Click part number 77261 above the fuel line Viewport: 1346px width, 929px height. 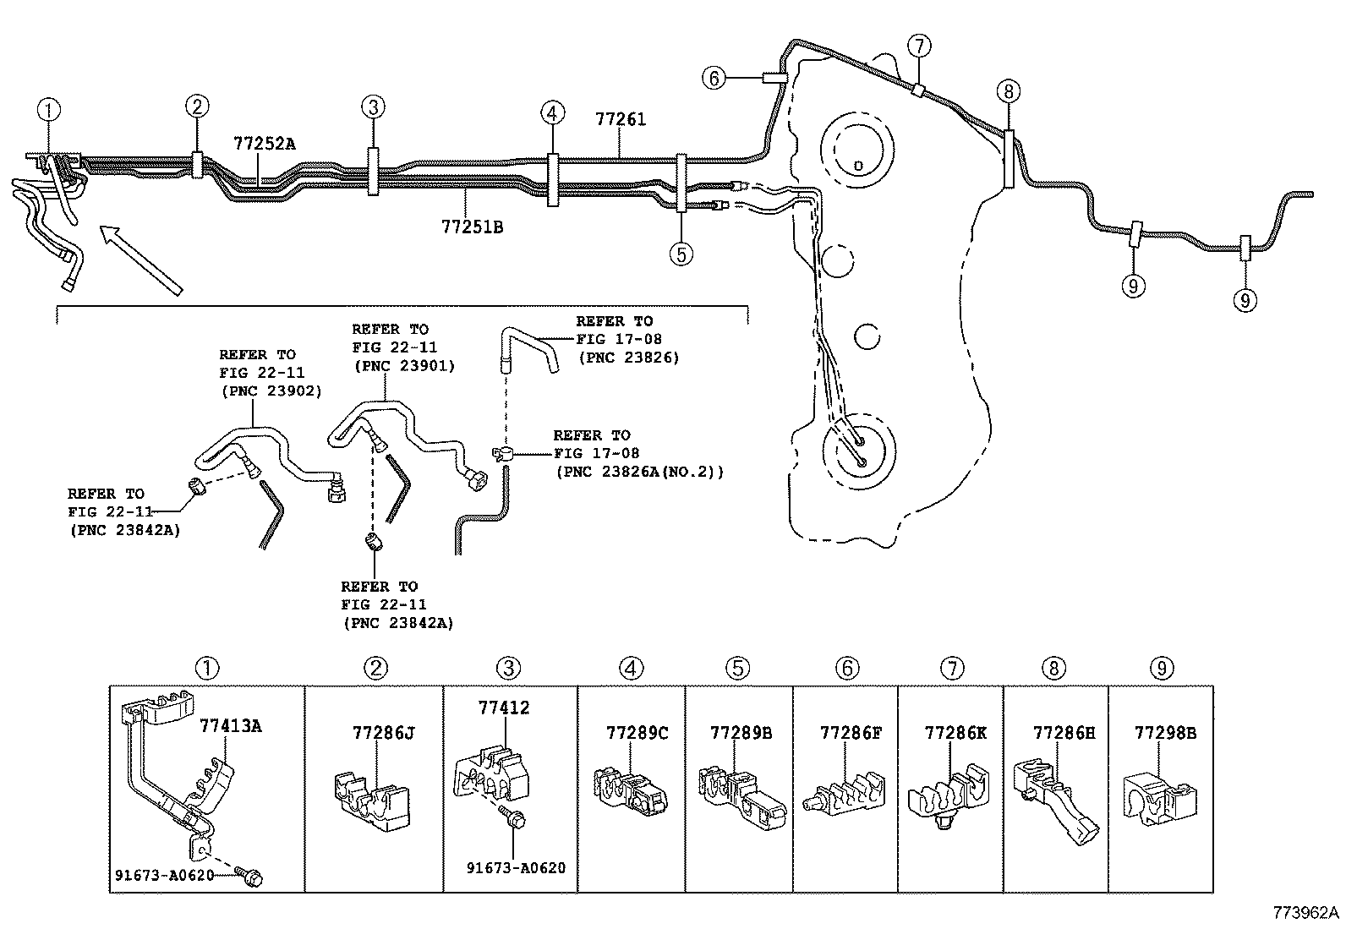coord(620,120)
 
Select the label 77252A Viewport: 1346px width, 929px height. coord(265,144)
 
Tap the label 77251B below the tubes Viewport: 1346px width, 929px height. coord(472,227)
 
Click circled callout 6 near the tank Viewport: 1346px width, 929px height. coord(714,79)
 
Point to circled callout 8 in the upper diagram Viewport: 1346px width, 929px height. coord(1008,91)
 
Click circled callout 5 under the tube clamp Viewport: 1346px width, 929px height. coord(681,253)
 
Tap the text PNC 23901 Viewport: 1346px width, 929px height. coord(404,366)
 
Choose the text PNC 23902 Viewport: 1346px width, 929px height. coord(271,391)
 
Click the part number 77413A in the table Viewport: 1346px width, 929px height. coord(231,725)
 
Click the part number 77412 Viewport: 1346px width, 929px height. coord(504,708)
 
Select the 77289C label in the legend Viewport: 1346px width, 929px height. coord(637,732)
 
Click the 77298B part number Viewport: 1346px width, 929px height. coord(1165,733)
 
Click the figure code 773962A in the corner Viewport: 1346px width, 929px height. coord(1307,913)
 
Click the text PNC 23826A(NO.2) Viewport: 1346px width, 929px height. coord(640,472)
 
